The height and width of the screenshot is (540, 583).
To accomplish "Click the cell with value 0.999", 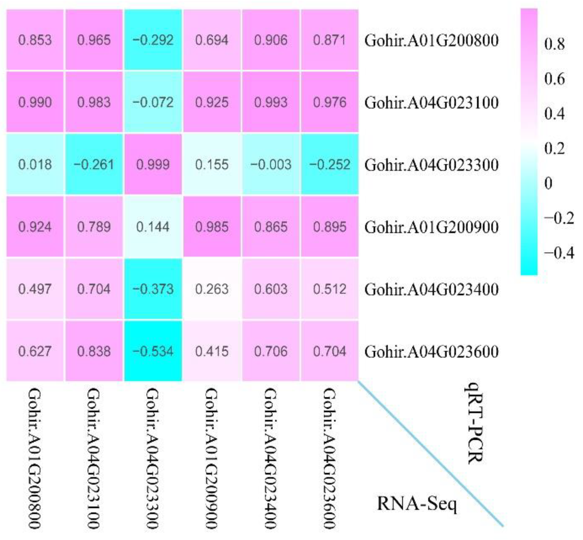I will tap(153, 164).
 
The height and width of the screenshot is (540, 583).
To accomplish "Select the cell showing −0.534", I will tap(153, 351).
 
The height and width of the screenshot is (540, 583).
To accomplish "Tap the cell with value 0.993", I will tap(271, 102).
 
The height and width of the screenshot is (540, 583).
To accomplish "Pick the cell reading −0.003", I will tap(271, 164).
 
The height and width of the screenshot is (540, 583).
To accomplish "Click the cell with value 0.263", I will tap(212, 289).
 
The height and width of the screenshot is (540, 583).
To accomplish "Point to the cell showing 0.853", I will tap(35, 40).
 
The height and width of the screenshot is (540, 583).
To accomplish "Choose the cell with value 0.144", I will tap(153, 227).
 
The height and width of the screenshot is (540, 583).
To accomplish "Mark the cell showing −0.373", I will tap(153, 289).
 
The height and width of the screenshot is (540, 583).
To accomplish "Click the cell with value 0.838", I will tap(94, 351).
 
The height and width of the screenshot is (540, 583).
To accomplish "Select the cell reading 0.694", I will tap(212, 40).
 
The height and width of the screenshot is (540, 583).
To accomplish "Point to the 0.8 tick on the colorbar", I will tap(554, 44).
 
